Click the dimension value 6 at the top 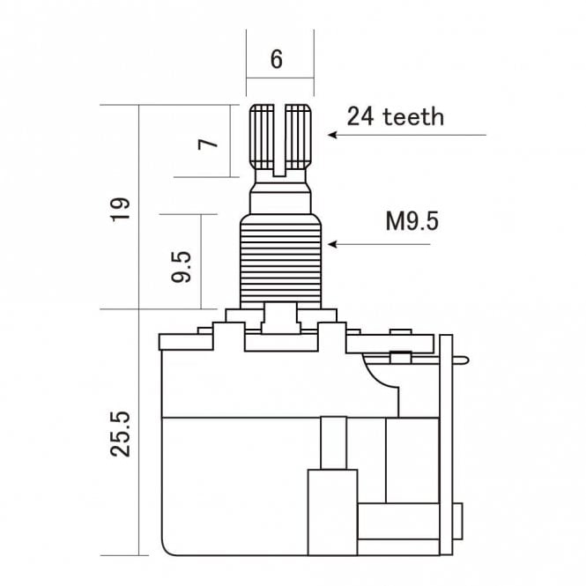click(x=277, y=59)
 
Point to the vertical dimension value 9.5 click(x=182, y=265)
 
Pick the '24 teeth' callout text click(x=395, y=116)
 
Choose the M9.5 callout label click(x=412, y=220)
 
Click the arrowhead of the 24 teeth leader click(x=332, y=135)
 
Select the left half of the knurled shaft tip click(x=263, y=136)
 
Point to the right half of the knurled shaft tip click(x=300, y=136)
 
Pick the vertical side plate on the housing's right click(x=446, y=441)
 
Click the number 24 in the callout click(x=360, y=116)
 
